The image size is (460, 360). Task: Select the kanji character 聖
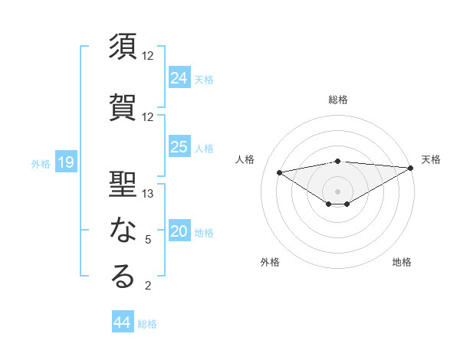[x=123, y=183]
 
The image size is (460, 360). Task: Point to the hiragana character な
[x=123, y=230]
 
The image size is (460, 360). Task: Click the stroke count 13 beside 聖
[x=149, y=194]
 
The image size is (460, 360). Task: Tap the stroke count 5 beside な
[x=148, y=240]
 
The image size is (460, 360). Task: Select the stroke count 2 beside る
[x=148, y=286]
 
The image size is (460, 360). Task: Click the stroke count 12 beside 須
[x=149, y=56]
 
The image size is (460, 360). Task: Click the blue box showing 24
[x=179, y=77]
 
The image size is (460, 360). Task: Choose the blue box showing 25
[x=179, y=147]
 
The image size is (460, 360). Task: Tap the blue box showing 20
[x=179, y=231]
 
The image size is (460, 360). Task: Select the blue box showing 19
[x=65, y=162]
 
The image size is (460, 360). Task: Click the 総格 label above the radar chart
[x=338, y=100]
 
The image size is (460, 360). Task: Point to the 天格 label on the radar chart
[x=431, y=159]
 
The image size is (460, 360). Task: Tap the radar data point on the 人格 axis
[x=280, y=172]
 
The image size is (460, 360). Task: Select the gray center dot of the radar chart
[x=337, y=190]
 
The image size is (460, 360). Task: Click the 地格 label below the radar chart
[x=402, y=262]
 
